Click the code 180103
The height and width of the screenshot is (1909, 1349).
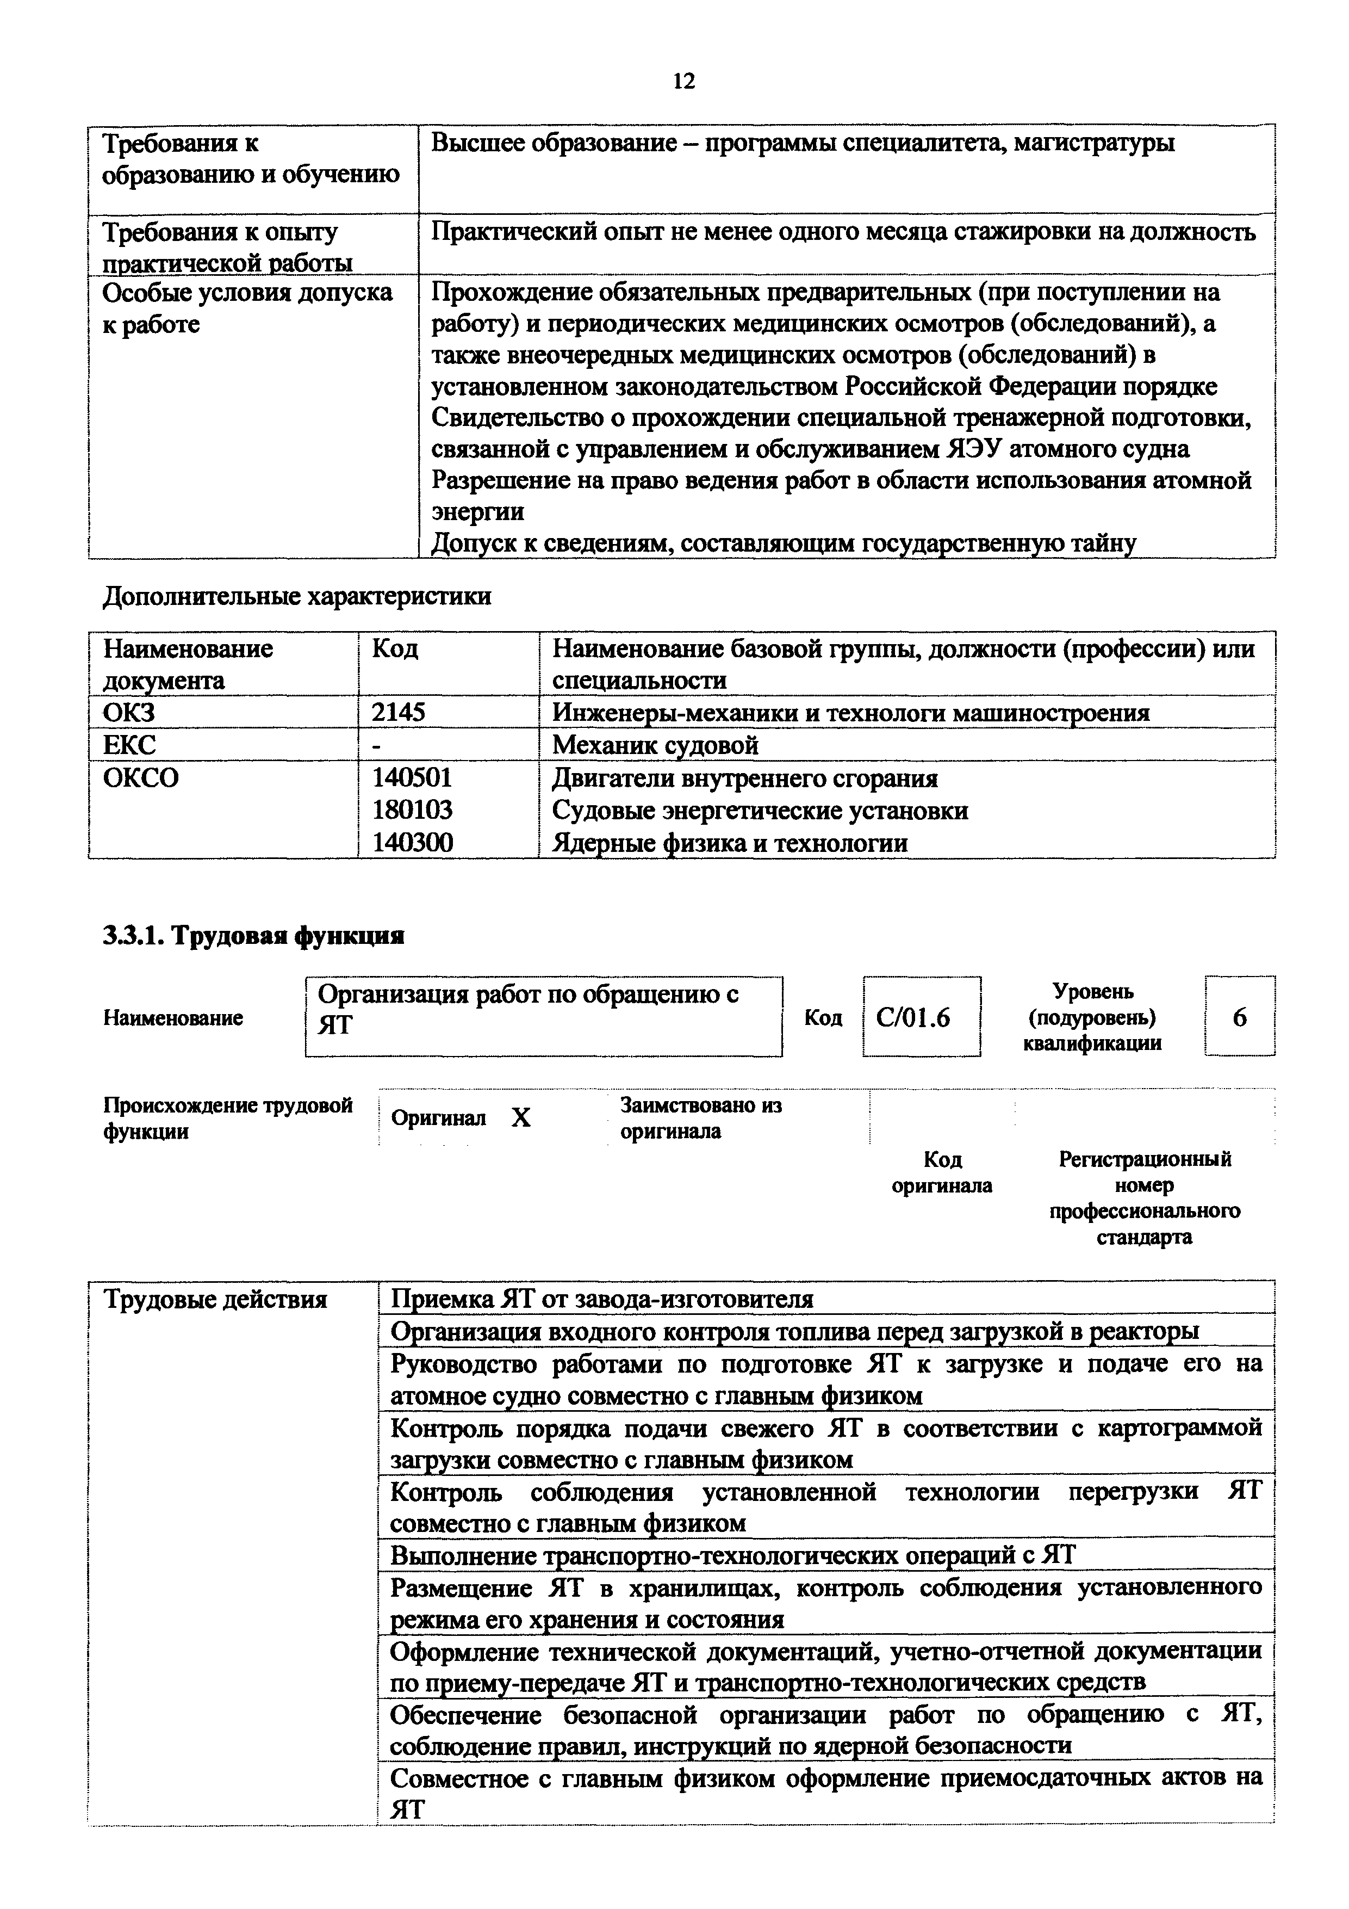click(x=412, y=810)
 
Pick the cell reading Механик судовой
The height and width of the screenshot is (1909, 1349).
click(x=655, y=744)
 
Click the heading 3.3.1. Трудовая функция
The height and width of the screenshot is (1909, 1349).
click(x=253, y=936)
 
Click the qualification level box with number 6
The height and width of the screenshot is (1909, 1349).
click(x=1239, y=1018)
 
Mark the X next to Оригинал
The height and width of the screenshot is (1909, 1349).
click(x=520, y=1117)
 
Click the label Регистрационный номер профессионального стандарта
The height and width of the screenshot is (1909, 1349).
click(x=1145, y=1197)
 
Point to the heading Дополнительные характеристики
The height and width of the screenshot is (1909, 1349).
click(x=297, y=596)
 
